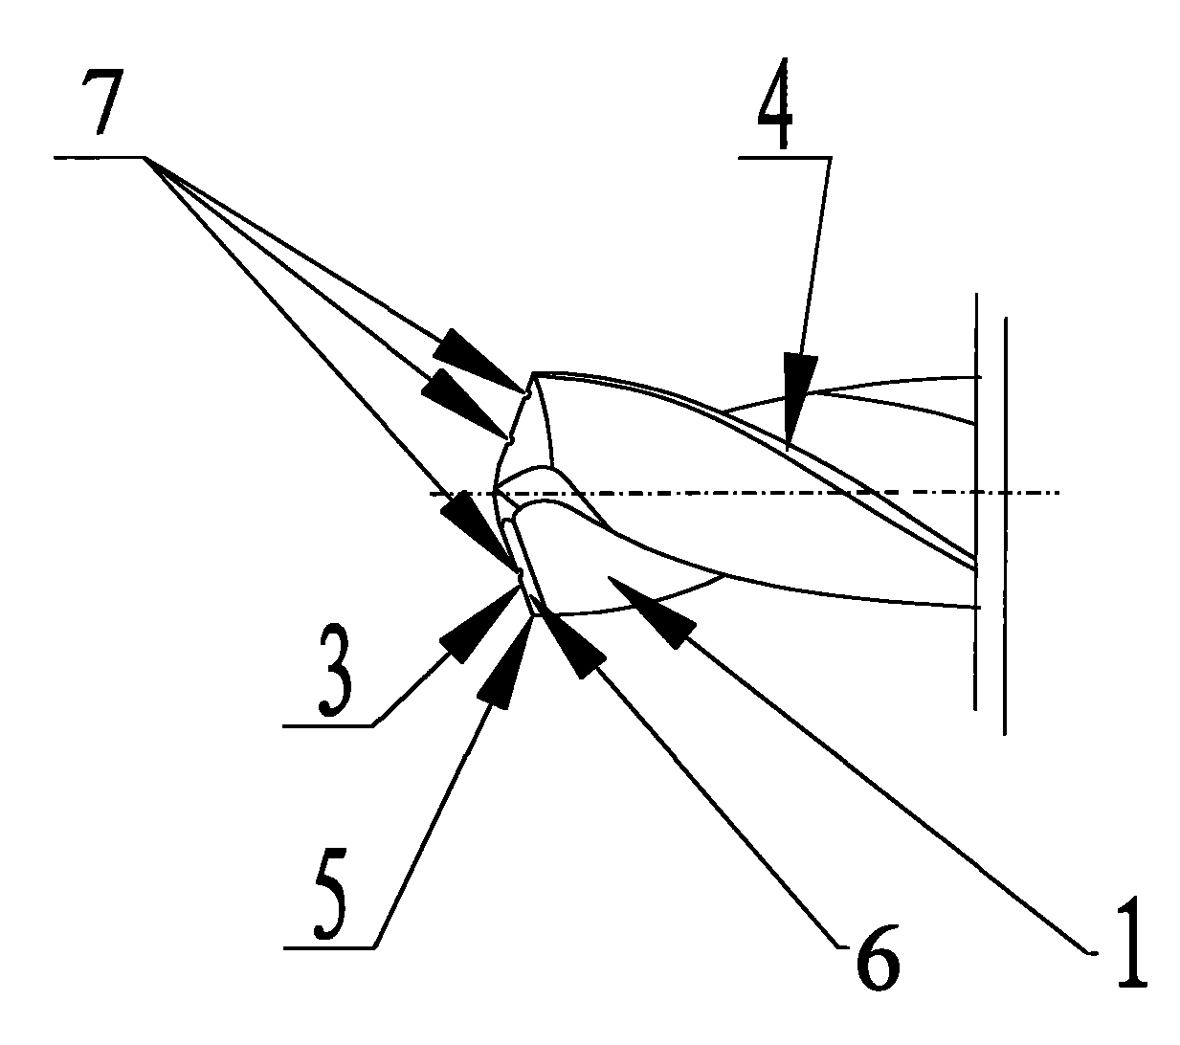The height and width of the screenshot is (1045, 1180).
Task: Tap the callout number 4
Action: pos(775,103)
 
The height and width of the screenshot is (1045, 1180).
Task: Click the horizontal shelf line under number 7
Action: pos(99,157)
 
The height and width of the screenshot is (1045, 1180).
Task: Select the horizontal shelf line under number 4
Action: pos(785,157)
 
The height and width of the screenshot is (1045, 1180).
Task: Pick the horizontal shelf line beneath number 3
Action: pos(328,726)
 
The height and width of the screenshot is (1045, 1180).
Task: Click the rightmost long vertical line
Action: pos(1005,526)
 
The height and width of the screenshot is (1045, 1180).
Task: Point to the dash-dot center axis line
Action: pos(745,494)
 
